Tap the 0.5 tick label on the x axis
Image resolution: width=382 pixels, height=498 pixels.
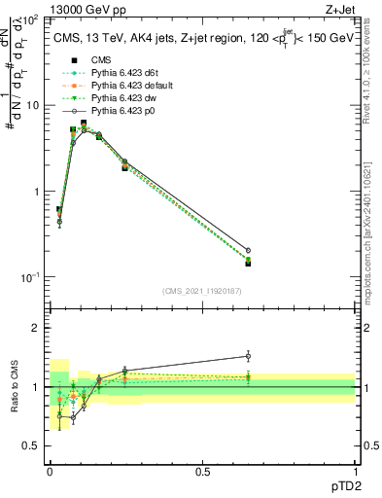(201, 471)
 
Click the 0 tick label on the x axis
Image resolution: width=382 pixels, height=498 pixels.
(50, 471)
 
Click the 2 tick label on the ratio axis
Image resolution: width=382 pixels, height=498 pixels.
(36, 328)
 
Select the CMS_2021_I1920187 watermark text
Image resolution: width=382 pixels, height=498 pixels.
(202, 290)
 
